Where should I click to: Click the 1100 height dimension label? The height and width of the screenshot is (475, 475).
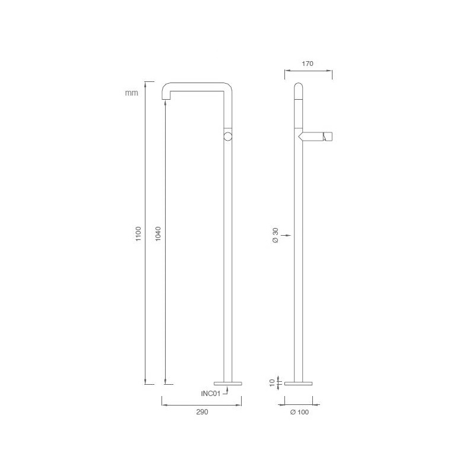pyautogui.click(x=137, y=233)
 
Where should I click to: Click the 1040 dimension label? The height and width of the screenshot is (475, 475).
pyautogui.click(x=157, y=233)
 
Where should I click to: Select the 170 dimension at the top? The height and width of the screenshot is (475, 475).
pyautogui.click(x=308, y=63)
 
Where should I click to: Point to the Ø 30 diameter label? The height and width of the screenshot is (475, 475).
pyautogui.click(x=275, y=236)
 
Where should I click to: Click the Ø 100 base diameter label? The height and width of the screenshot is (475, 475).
pyautogui.click(x=299, y=411)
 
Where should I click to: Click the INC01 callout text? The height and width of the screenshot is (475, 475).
pyautogui.click(x=211, y=392)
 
